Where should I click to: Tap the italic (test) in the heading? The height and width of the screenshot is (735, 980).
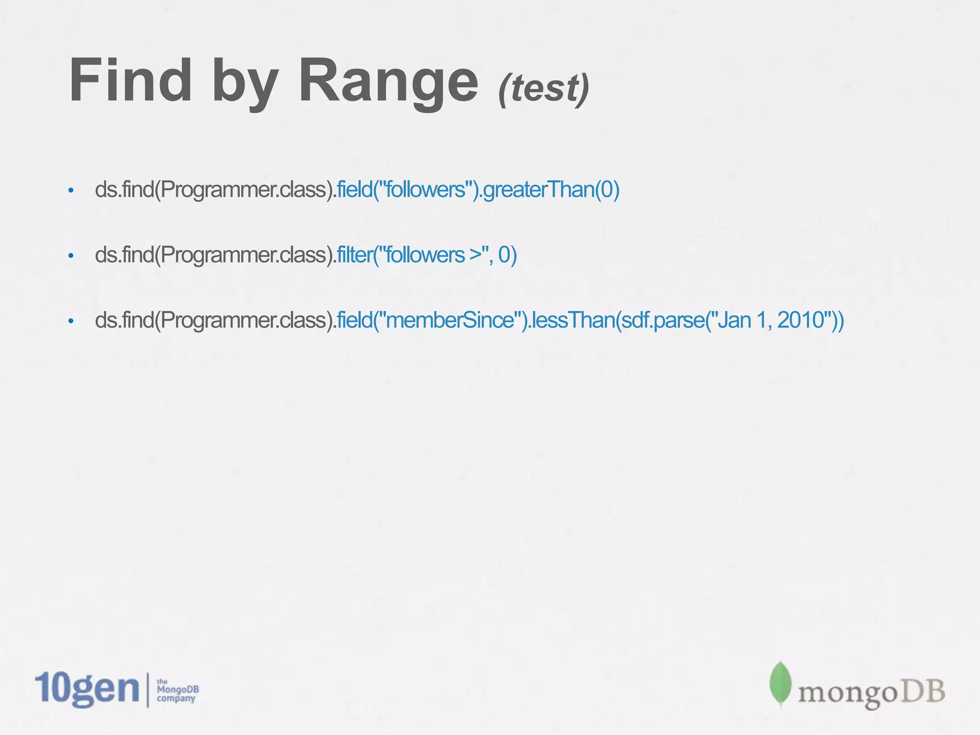tap(544, 88)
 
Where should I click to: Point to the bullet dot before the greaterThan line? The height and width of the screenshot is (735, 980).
tap(71, 191)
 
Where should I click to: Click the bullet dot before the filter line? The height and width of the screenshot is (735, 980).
tap(71, 256)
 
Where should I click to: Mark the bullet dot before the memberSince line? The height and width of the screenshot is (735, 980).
tap(71, 321)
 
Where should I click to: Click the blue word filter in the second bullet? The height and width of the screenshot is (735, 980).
tap(354, 255)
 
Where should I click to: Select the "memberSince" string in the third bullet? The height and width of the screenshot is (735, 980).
tap(449, 320)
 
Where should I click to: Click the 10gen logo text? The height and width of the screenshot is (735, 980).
tap(87, 689)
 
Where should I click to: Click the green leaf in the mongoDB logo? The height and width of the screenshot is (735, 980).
tap(780, 683)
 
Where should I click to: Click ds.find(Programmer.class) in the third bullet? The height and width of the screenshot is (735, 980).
tap(215, 320)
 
